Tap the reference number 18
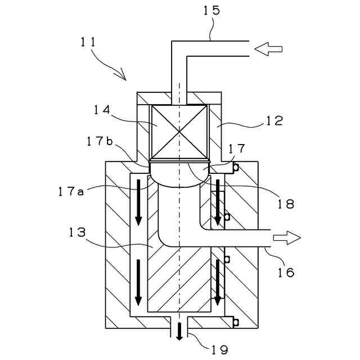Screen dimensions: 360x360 tap(286, 203)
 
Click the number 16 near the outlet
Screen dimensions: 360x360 tap(286, 273)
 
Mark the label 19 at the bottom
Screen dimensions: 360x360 tap(219, 350)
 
